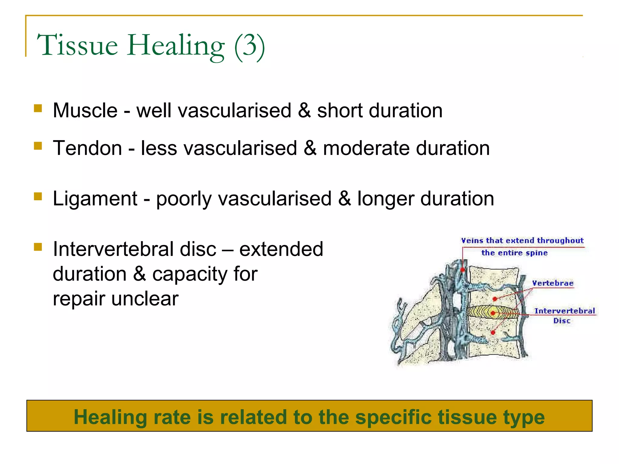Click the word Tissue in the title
coord(77,45)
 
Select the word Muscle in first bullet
coord(85,111)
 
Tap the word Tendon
coord(87,148)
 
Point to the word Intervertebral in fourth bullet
coord(134,249)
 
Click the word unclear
coord(145,299)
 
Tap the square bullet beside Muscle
coord(38,108)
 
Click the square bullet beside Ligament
coord(38,197)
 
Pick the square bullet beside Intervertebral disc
coord(38,247)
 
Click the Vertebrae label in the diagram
coord(553,283)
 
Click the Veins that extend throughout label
coord(522,241)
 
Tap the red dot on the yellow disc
coord(493,313)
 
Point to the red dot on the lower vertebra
coord(493,333)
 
